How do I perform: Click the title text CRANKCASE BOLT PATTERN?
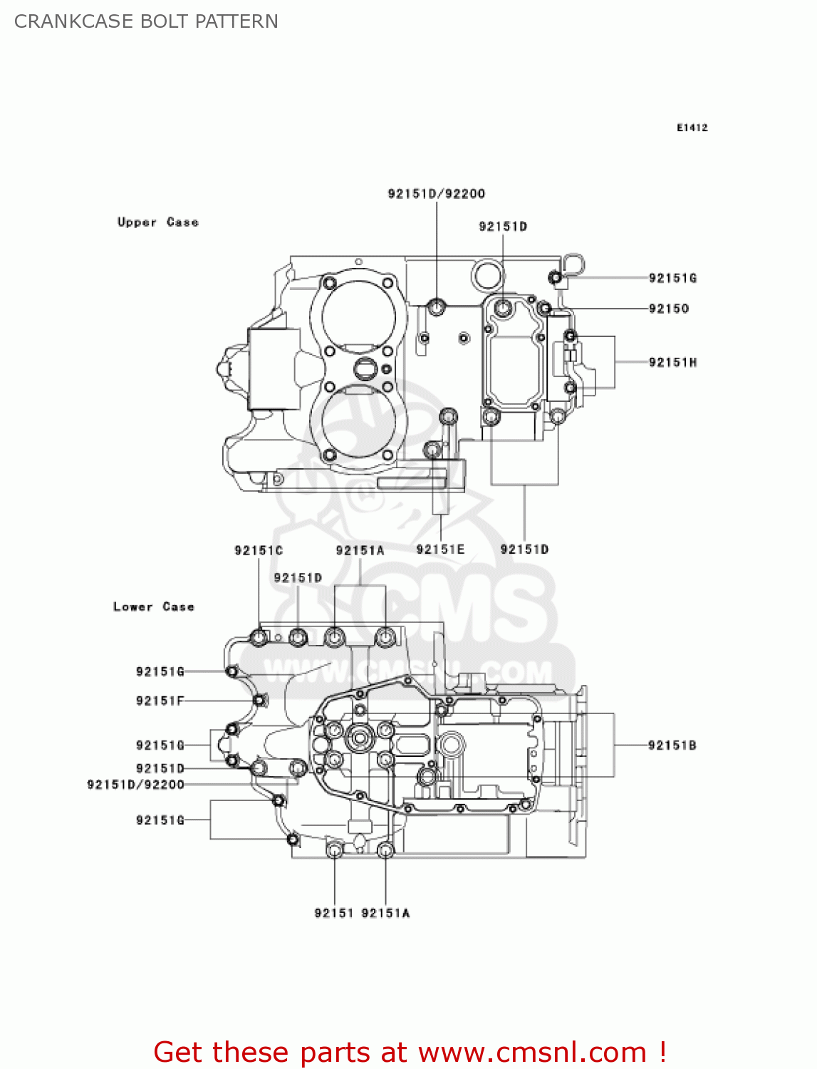coord(146,21)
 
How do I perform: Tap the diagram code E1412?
coord(692,128)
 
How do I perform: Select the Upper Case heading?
coord(157,222)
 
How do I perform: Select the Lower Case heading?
coord(153,607)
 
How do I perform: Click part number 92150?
coord(668,309)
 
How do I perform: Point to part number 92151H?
coord(672,362)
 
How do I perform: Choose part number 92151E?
coord(440,549)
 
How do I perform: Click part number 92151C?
coord(259,550)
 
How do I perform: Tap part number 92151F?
coord(160,701)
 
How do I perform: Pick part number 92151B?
coord(672,745)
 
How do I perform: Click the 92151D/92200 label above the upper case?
coord(436,194)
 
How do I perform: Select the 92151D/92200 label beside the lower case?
coord(135,785)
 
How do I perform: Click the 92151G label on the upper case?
coord(672,278)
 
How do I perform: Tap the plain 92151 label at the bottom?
coord(334,913)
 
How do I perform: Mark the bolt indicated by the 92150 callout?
coord(544,308)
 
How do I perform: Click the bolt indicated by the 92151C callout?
coord(259,636)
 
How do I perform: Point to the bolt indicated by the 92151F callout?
coord(259,701)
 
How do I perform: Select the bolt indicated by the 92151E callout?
coord(432,450)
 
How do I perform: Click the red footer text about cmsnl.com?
coord(410,1052)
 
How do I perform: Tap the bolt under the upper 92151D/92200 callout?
coord(436,307)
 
